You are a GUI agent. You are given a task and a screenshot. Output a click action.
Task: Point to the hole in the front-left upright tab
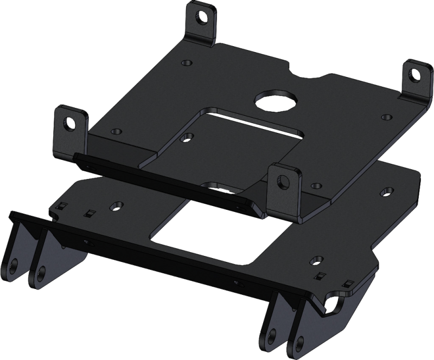(x=68, y=122)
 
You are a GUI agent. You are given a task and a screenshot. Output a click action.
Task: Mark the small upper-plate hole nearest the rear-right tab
(x=386, y=116)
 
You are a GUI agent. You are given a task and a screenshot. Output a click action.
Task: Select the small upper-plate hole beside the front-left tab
(x=116, y=132)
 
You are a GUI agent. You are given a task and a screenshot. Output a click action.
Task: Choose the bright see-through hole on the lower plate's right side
(x=387, y=191)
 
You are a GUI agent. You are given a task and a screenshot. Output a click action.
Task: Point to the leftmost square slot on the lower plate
(x=62, y=204)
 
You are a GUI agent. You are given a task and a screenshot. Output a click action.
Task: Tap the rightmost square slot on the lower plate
(x=348, y=281)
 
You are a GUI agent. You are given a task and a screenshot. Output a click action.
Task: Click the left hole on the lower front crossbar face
(x=86, y=241)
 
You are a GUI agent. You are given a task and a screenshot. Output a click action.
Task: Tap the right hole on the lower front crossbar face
(x=236, y=282)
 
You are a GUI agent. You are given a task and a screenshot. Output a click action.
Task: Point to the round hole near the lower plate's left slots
(x=115, y=205)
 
